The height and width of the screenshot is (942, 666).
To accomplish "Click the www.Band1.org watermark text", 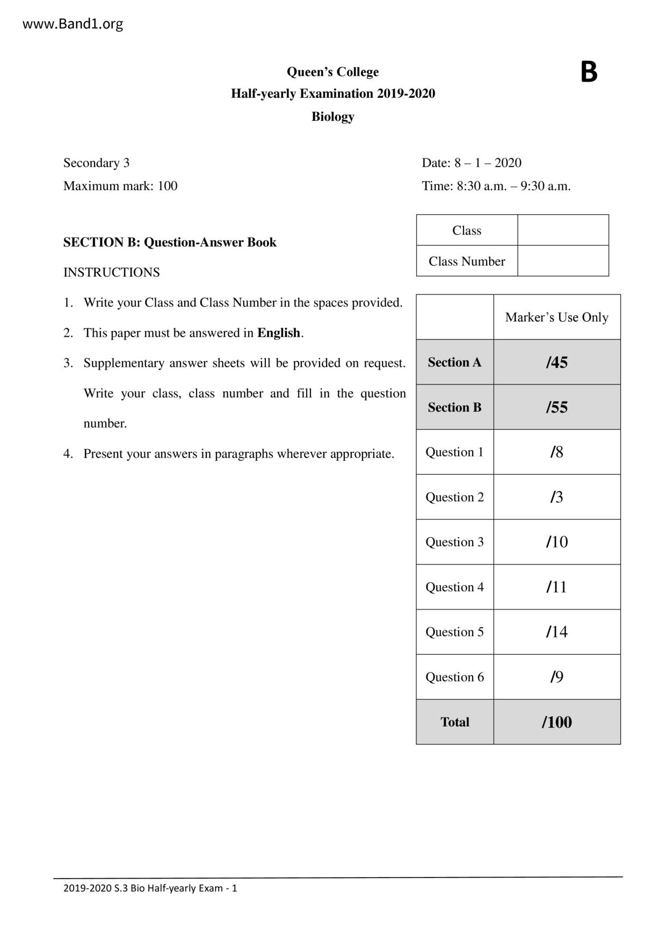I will [73, 24].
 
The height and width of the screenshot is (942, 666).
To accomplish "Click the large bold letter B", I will [589, 72].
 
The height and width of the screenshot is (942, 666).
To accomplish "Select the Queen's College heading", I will [332, 72].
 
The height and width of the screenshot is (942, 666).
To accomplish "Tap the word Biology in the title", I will [332, 117].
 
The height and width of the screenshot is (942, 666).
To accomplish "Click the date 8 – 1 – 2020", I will [488, 163].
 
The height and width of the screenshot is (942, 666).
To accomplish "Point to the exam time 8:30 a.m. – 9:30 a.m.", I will [513, 186].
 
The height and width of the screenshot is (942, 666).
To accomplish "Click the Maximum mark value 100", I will [167, 186].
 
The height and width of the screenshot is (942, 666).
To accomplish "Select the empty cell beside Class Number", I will [563, 261].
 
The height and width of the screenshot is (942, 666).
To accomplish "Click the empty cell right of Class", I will [563, 230].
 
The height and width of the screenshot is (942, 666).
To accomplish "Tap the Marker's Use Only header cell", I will [556, 317].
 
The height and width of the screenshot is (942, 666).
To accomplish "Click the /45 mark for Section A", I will [556, 363].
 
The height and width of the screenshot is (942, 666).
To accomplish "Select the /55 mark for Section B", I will [556, 407].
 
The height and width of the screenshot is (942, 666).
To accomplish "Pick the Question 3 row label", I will [454, 542].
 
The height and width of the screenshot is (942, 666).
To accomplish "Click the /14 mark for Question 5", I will [556, 632].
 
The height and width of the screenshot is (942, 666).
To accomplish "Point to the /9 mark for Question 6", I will [556, 677].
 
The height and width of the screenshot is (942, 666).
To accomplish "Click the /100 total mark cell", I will [556, 722].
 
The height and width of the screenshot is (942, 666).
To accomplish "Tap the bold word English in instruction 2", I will [278, 333].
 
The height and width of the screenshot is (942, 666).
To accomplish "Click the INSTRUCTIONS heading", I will [112, 272].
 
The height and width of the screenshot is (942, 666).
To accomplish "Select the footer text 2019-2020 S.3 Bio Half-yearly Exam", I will [150, 888].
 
